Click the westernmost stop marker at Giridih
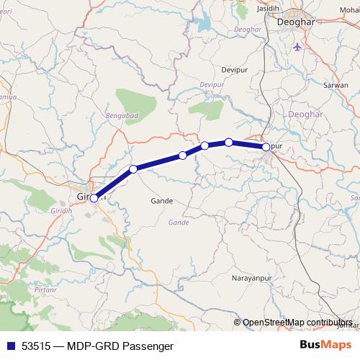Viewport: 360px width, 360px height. (94, 198)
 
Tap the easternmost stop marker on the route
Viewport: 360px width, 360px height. (266, 147)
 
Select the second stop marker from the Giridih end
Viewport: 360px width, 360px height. (133, 169)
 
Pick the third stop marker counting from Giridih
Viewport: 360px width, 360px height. (183, 156)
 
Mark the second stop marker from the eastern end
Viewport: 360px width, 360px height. (229, 142)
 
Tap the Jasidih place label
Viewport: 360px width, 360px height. (289, 6)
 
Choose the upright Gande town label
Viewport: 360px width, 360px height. (163, 201)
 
